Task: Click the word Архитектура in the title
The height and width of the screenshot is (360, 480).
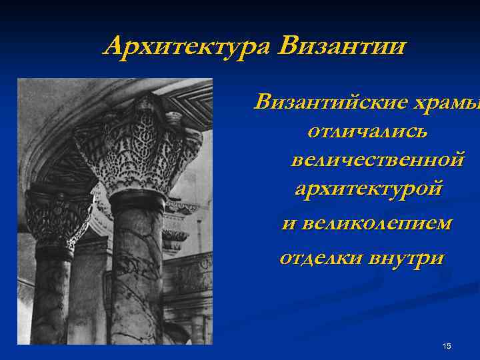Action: [188, 47]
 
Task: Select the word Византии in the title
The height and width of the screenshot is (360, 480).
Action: [342, 47]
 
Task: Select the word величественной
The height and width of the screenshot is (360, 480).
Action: [377, 160]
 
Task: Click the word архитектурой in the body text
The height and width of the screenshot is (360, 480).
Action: [367, 189]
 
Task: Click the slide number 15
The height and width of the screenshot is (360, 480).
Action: [447, 345]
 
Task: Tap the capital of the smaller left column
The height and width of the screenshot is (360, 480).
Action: [56, 217]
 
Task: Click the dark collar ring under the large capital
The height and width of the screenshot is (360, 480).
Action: [137, 199]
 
